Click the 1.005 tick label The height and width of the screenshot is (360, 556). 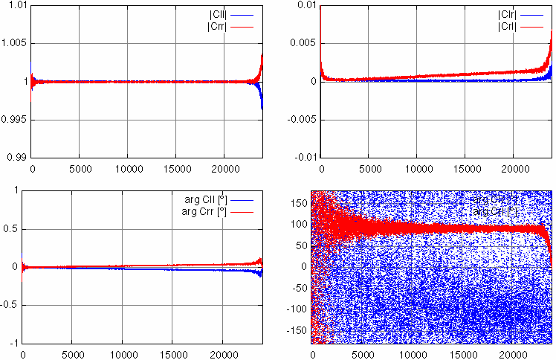13,43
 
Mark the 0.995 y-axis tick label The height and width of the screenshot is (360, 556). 13,119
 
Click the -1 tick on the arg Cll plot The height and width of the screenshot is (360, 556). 13,343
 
